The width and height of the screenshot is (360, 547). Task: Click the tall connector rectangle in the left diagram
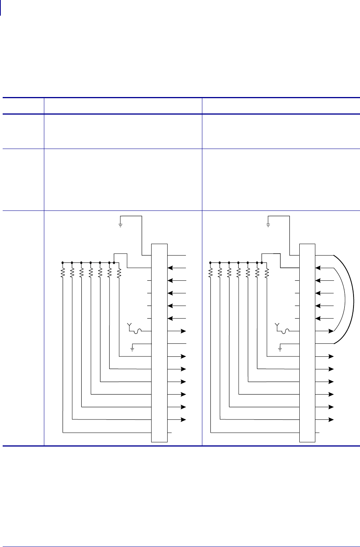[159, 342]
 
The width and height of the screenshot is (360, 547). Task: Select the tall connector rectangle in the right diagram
[307, 342]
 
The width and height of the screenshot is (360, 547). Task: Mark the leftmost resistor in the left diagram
[63, 272]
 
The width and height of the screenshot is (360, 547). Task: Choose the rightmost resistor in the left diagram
[119, 272]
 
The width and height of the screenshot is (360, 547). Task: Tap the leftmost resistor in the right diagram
[210, 272]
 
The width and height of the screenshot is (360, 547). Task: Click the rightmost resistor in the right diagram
[267, 272]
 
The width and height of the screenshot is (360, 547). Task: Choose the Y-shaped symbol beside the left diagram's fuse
[129, 326]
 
